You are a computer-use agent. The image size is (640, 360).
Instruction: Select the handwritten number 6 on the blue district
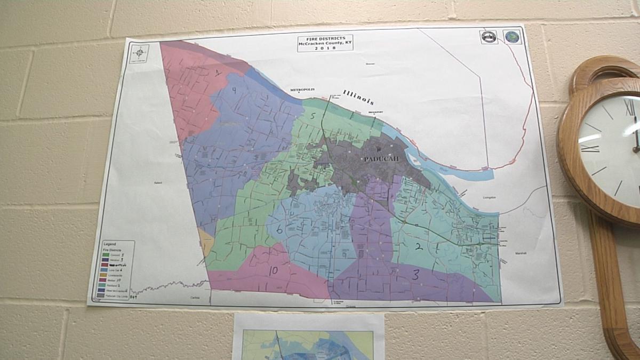pyautogui.click(x=279, y=230)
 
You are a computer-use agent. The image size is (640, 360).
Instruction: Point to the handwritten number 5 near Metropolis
pyautogui.click(x=314, y=115)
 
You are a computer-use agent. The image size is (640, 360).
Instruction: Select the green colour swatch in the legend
pyautogui.click(x=106, y=254)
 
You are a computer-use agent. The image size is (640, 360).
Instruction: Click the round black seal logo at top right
pyautogui.click(x=489, y=37)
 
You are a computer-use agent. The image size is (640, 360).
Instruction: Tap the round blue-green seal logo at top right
pyautogui.click(x=511, y=37)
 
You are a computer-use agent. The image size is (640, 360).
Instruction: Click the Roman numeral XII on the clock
pyautogui.click(x=629, y=107)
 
